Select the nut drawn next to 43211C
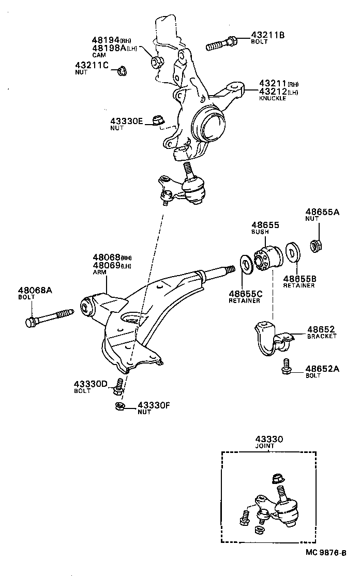tap(122, 70)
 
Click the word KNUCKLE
tap(272, 98)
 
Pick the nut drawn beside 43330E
tap(158, 121)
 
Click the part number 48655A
tap(323, 211)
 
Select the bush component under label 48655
tap(268, 257)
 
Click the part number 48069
tap(107, 265)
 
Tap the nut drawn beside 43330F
tap(119, 405)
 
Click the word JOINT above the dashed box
tap(265, 446)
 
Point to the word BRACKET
tap(322, 336)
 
